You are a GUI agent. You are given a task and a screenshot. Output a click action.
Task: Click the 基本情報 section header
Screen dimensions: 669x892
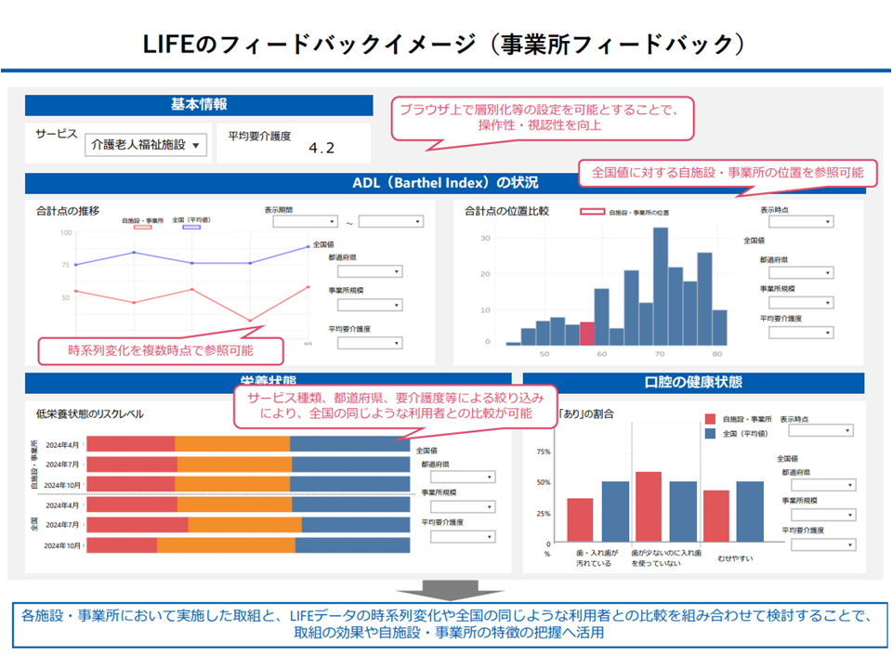199,105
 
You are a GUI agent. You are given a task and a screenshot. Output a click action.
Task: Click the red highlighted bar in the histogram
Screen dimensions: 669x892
587,334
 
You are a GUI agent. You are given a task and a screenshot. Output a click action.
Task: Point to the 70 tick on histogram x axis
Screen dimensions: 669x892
660,354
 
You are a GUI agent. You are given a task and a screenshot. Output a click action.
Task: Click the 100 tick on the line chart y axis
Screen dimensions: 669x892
65,232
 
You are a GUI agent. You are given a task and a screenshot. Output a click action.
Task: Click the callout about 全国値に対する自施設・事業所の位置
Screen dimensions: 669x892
721,172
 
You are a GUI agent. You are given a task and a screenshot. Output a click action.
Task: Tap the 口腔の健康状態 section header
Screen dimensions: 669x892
693,383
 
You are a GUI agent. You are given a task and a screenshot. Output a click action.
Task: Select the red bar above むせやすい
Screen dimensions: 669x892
715,517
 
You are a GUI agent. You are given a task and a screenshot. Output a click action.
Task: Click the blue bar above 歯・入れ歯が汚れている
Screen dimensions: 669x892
615,512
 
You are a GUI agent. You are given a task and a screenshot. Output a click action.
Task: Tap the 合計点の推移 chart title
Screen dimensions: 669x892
68,212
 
